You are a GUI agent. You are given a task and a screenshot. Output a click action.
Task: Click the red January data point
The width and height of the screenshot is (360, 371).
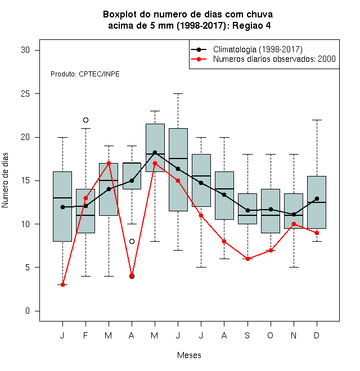pos(62,284)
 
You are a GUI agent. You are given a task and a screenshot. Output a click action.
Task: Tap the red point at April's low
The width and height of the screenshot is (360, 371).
pos(132,276)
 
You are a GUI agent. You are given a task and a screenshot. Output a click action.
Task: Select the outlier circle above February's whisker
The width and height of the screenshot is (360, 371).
pos(85,120)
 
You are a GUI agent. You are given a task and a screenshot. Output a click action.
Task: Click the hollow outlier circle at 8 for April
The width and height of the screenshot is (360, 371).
pos(132,241)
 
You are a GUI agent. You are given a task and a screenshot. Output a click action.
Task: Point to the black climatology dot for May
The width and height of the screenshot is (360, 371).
pos(155,152)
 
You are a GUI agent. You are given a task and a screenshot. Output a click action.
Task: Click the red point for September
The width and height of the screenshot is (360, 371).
pos(247,259)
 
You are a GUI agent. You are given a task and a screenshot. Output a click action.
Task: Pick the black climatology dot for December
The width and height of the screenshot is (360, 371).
pos(317,198)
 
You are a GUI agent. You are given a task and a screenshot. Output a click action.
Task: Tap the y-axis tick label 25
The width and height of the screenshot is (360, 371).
pos(25,94)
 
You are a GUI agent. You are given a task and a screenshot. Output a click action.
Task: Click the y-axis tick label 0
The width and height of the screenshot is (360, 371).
pos(28,311)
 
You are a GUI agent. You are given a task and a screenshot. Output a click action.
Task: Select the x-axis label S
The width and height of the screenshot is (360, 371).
pos(247,335)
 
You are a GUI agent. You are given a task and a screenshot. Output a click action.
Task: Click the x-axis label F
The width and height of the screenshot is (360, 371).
pos(85,335)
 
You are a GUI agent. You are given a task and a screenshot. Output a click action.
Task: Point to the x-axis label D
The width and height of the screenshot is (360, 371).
pos(317,335)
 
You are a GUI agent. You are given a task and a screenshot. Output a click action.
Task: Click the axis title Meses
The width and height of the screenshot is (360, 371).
pos(189,355)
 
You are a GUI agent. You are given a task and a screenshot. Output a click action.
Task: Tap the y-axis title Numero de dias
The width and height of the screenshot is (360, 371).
pos(5,180)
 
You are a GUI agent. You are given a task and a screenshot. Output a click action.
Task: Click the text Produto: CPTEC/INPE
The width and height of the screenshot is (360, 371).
pos(85,74)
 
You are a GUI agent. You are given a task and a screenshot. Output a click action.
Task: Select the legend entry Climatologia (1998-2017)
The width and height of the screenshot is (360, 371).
pos(246,49)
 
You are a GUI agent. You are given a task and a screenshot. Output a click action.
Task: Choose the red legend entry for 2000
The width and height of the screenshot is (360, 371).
pos(263,59)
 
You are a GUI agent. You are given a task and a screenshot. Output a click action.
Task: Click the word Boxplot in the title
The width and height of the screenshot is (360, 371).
pos(120,15)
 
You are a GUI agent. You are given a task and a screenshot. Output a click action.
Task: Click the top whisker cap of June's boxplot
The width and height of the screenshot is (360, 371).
pos(178,94)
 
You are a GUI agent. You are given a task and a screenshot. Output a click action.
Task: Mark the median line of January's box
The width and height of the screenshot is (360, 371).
pos(62,198)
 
